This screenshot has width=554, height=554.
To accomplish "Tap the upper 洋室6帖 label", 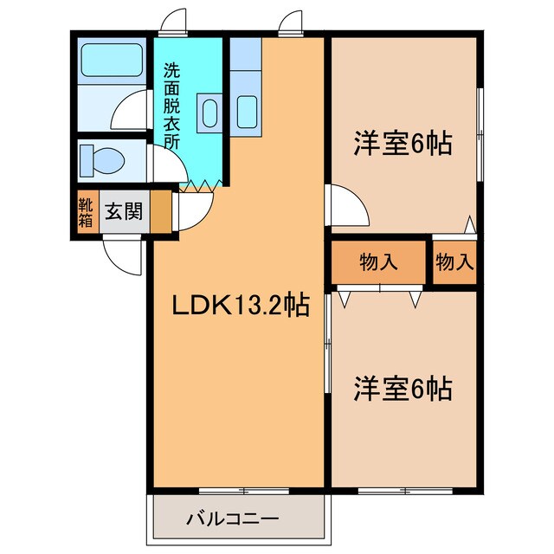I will [403, 143].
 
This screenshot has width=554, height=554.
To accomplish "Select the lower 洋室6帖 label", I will [403, 390].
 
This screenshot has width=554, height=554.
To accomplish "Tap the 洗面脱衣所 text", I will [172, 105].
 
